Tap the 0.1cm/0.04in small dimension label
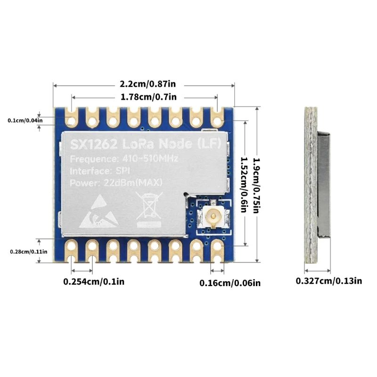coord(25,121)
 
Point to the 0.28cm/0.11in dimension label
coord(28,251)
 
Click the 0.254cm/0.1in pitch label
coord(94,282)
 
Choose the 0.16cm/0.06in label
coord(230,283)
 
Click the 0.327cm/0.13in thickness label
coord(329,281)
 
